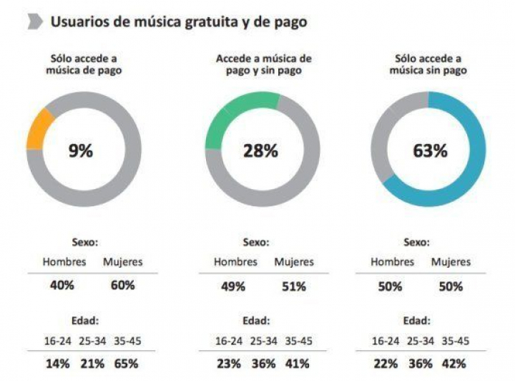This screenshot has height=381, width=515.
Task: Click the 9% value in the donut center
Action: click(80, 150)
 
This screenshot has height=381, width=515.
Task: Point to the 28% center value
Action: click(260, 150)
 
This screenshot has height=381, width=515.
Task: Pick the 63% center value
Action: click(430, 150)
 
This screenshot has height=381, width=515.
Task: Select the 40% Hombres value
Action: click(62, 285)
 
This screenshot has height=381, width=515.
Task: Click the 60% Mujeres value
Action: click(123, 285)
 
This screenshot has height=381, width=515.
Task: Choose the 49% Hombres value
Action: click(233, 286)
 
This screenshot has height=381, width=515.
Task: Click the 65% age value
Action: click(126, 363)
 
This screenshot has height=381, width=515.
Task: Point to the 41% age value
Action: click(298, 363)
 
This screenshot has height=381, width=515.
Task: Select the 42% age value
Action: click(455, 363)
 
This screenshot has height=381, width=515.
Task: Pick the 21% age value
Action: click(92, 363)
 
